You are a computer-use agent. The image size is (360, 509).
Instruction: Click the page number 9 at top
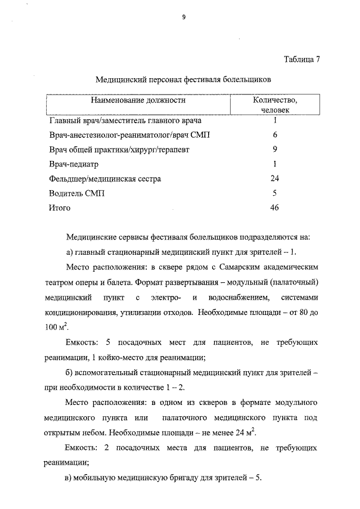click(x=183, y=17)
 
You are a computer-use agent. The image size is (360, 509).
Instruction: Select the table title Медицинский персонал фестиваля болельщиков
click(x=183, y=80)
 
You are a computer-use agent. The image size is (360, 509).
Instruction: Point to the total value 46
click(x=274, y=208)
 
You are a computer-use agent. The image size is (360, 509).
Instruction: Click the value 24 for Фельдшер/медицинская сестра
click(x=274, y=179)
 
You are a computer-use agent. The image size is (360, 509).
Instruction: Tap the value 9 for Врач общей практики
click(x=274, y=150)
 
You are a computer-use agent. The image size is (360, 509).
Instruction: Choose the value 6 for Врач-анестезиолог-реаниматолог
click(x=274, y=135)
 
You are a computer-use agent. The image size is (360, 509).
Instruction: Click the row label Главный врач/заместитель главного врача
click(x=125, y=120)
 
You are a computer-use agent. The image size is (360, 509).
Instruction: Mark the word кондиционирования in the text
click(x=79, y=312)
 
